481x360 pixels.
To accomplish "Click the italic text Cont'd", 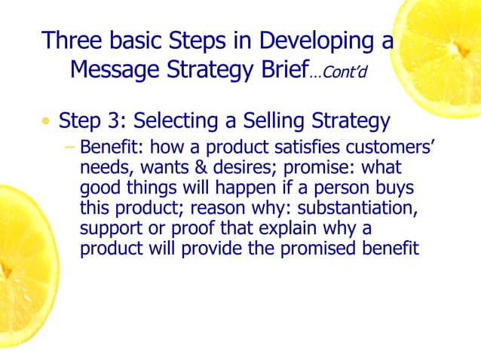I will tap(341, 73).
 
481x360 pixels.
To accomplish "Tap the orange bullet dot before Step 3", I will tap(47, 122).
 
